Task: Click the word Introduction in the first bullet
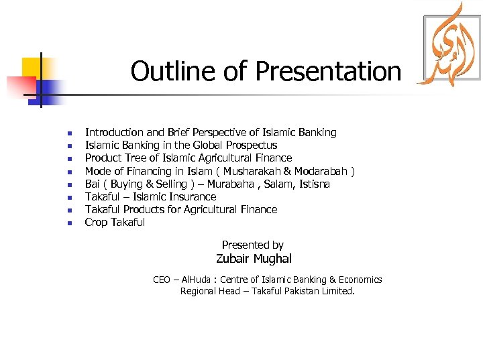[115, 133]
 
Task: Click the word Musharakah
[255, 171]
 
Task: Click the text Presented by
[253, 245]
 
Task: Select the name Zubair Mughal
[254, 259]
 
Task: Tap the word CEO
[162, 280]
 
